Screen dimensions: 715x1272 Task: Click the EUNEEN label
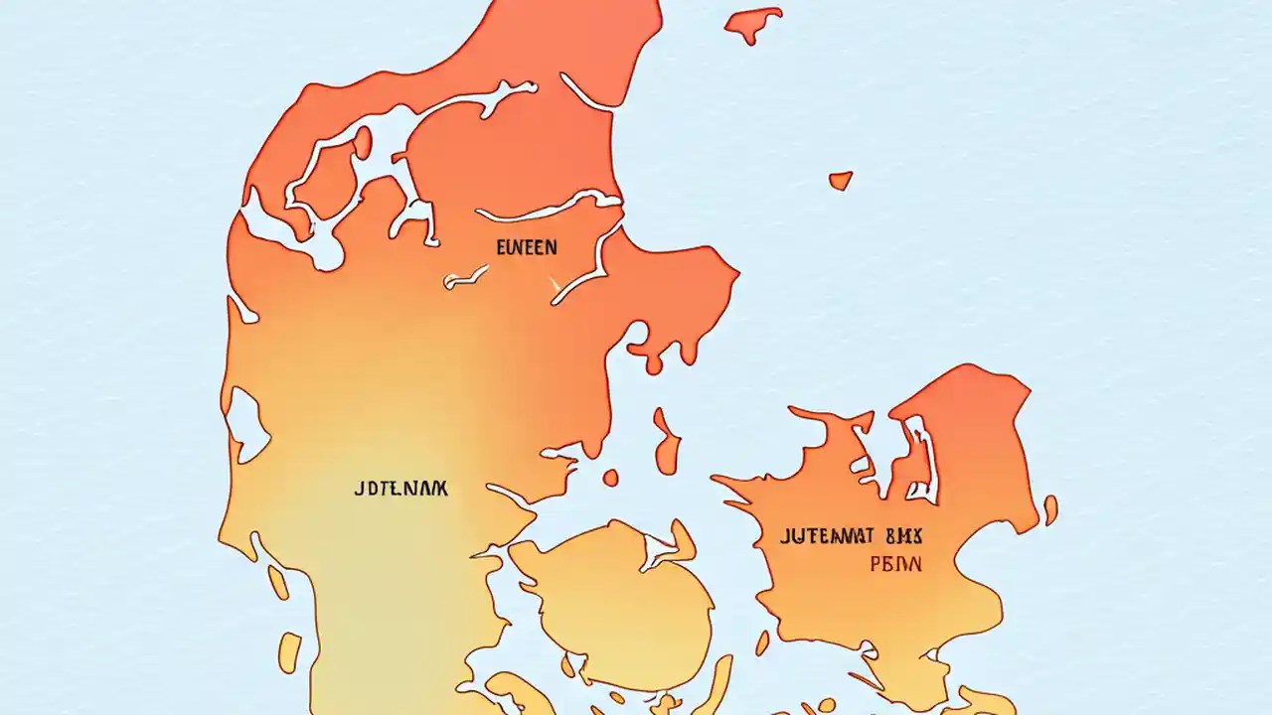pyautogui.click(x=526, y=247)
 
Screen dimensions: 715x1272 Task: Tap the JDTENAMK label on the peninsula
pyautogui.click(x=400, y=489)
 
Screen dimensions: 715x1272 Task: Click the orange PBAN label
pyautogui.click(x=895, y=564)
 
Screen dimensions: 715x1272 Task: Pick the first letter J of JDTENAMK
pyautogui.click(x=359, y=489)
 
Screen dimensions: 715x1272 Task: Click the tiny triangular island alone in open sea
pyautogui.click(x=840, y=180)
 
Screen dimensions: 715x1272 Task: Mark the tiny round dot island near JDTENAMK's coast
pyautogui.click(x=610, y=478)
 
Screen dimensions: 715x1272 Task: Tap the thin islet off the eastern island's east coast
pyautogui.click(x=1050, y=509)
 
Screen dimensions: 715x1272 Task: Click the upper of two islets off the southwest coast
pyautogui.click(x=277, y=582)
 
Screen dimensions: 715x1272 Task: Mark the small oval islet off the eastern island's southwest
pyautogui.click(x=762, y=643)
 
